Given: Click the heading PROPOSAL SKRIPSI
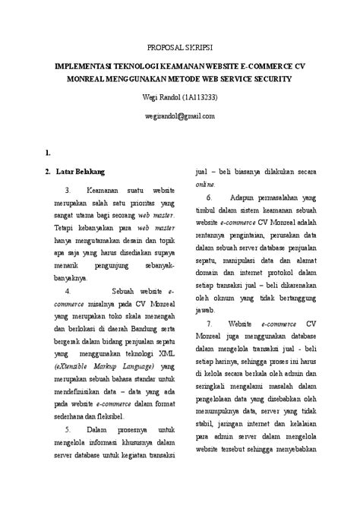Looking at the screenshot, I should pyautogui.click(x=180, y=46).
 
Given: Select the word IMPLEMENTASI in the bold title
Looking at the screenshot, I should pyautogui.click(x=86, y=66).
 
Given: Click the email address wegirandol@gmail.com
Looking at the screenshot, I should pyautogui.click(x=180, y=116).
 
